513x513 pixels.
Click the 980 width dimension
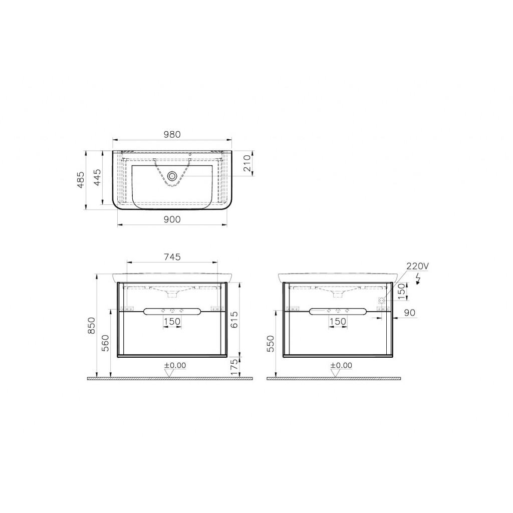[x=171, y=134]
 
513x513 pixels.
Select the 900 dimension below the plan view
[x=171, y=219]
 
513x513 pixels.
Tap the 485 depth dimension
[x=82, y=179]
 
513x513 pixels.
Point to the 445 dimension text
[x=98, y=177]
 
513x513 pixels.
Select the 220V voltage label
[x=417, y=266]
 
